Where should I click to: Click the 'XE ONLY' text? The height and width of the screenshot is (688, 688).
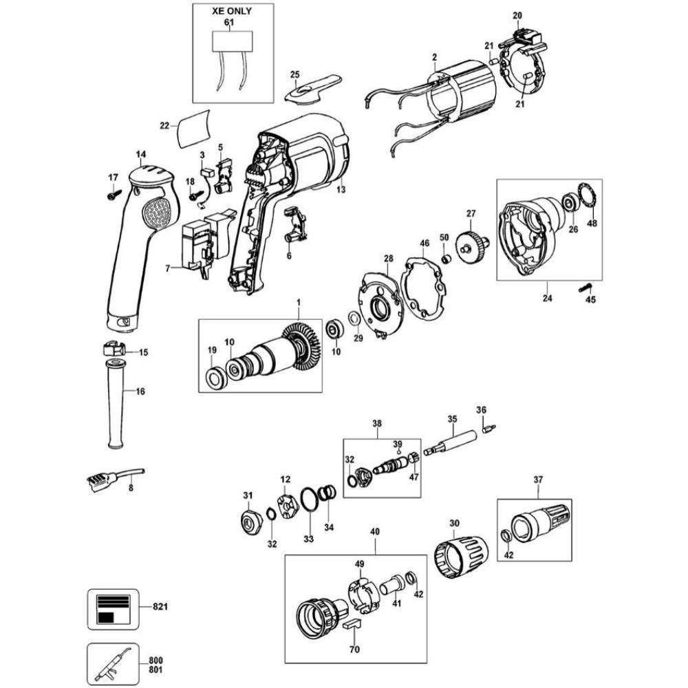coord(230,12)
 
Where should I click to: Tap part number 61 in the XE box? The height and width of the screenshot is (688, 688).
coord(229,23)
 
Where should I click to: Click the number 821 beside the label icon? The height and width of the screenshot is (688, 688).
coord(160,607)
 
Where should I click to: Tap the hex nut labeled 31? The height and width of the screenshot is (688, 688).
coord(249,523)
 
